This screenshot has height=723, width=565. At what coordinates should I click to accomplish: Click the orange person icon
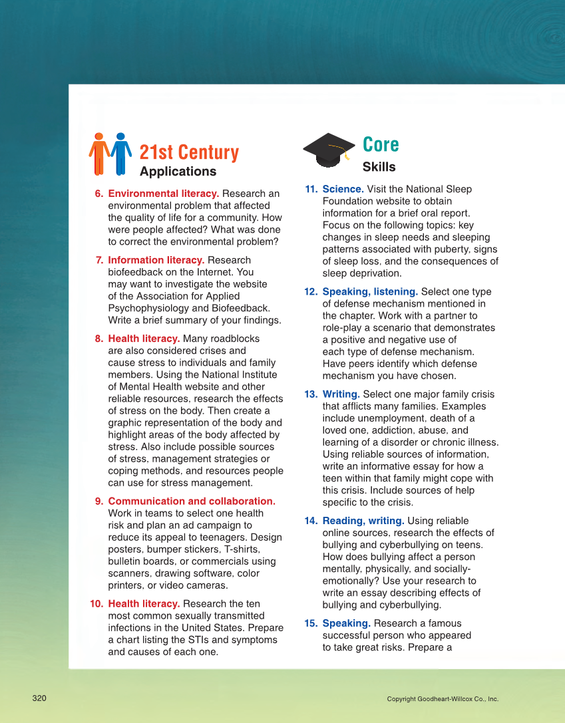click(99, 153)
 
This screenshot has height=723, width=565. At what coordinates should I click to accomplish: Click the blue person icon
click(120, 153)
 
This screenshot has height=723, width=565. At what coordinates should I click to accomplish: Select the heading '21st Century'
click(189, 152)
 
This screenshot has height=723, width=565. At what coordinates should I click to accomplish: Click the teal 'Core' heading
click(381, 144)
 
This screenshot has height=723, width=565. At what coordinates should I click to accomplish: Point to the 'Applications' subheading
click(178, 172)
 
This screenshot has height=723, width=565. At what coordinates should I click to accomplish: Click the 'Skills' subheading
click(379, 167)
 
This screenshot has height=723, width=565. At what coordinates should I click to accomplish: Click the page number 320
click(39, 698)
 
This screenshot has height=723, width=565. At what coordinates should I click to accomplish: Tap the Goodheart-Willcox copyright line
click(443, 699)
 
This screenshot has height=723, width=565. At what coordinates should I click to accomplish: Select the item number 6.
click(98, 194)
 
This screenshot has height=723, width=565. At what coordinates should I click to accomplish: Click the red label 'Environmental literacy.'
click(163, 194)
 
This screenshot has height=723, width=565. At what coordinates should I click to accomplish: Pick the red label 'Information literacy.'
click(156, 260)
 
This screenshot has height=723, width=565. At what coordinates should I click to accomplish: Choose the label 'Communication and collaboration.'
click(192, 502)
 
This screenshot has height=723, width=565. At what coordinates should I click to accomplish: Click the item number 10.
click(96, 604)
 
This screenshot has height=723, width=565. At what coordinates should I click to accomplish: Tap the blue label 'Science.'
click(342, 189)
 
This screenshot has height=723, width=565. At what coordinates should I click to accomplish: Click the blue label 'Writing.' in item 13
click(341, 394)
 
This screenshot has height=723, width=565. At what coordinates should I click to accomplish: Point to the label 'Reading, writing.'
click(363, 521)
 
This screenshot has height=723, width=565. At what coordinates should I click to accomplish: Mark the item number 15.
click(311, 623)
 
